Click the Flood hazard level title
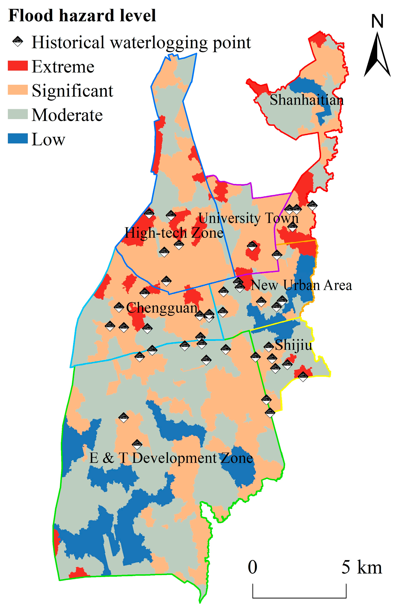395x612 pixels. point(82,16)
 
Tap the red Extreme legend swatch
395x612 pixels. point(18,66)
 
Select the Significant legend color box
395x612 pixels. point(18,90)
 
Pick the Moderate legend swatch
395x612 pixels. point(18,114)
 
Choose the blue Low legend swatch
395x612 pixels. point(18,138)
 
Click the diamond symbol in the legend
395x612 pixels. point(18,41)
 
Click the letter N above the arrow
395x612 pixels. point(377,21)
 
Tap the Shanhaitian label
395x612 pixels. point(306,100)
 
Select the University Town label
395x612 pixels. point(248,218)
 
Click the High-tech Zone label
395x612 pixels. point(174,233)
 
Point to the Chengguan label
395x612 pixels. point(162,307)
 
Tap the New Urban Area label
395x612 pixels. point(301,285)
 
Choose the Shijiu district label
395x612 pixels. point(293,345)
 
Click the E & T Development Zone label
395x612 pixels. point(171,458)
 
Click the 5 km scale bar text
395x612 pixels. point(362,567)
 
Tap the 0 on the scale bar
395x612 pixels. point(252,567)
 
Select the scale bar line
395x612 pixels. point(299,597)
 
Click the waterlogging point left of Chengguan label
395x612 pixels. point(119,307)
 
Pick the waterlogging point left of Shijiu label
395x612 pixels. point(268,347)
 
